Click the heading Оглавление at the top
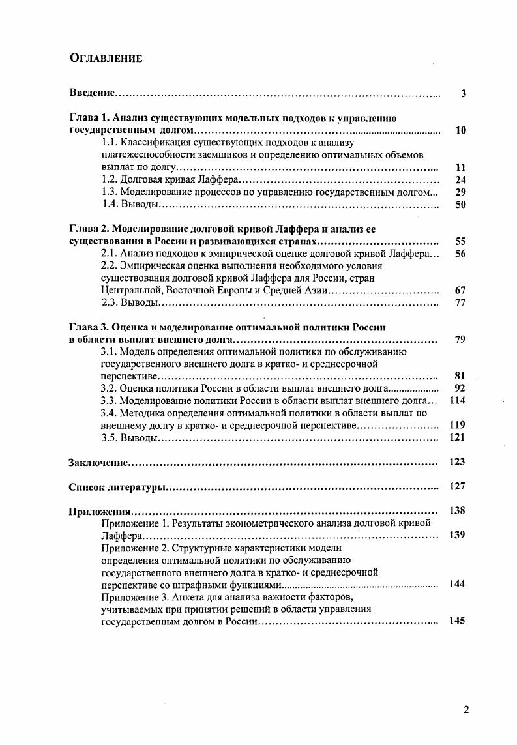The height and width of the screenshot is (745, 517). [106, 58]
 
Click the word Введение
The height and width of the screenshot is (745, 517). [93, 93]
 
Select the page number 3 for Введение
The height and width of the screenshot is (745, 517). [463, 93]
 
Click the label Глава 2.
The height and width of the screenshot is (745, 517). [89, 229]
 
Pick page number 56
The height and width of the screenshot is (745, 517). [460, 254]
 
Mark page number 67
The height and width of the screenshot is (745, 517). [460, 291]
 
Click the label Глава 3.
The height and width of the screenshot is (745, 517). [89, 327]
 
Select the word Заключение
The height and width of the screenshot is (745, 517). [98, 462]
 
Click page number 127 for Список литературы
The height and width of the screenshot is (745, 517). [458, 486]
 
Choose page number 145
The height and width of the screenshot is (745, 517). [458, 621]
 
